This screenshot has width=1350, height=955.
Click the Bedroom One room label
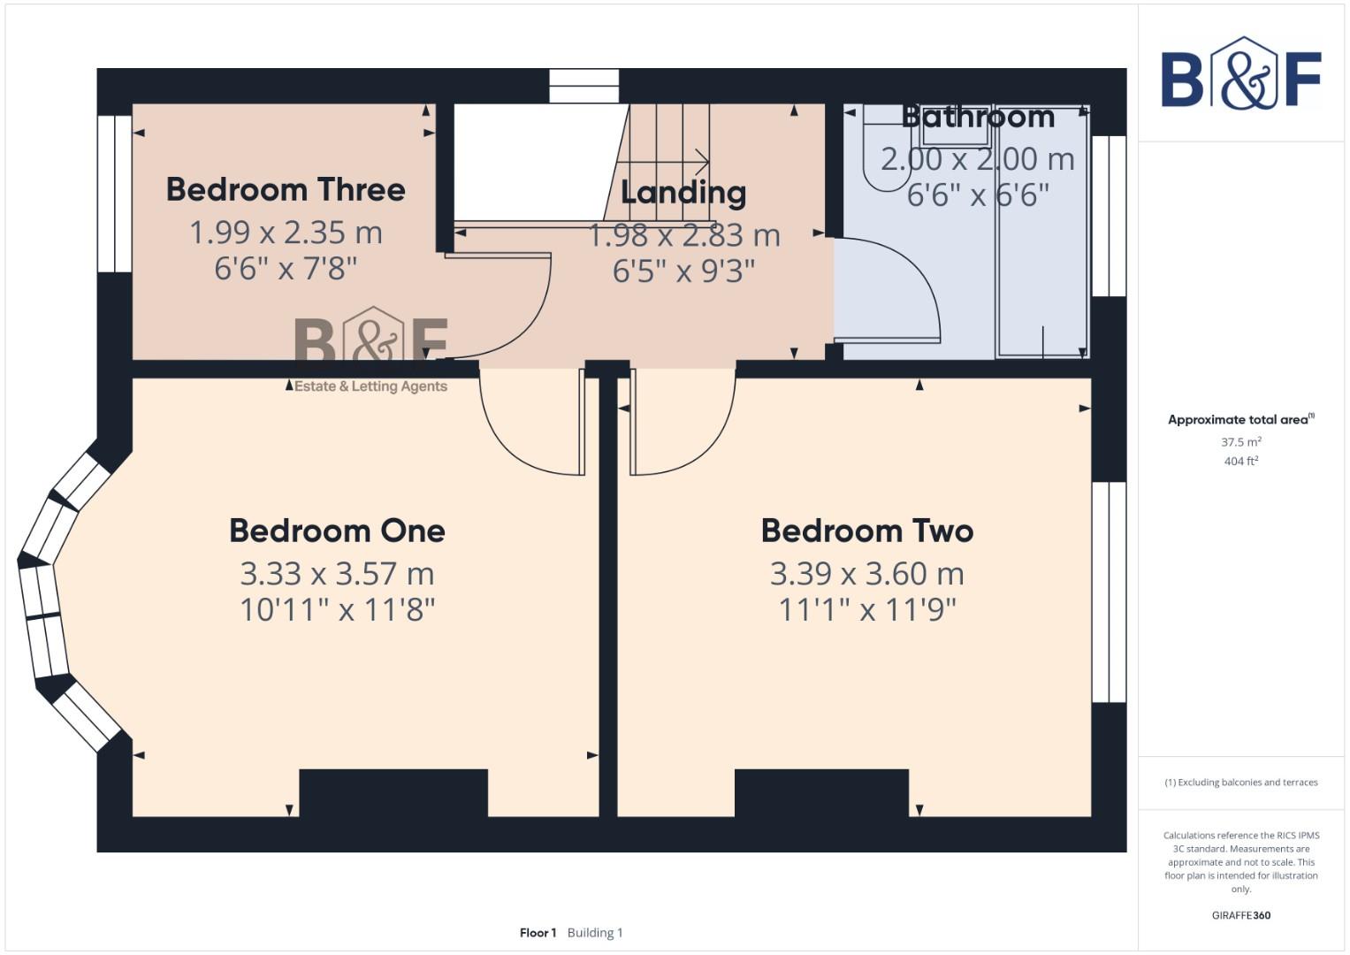point(337,531)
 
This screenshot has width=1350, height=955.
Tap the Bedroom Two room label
point(866,531)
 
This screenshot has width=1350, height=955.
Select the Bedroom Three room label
point(285,189)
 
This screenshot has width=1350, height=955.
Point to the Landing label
point(683,192)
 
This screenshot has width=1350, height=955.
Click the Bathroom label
point(977,117)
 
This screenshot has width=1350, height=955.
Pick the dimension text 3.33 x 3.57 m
point(337,574)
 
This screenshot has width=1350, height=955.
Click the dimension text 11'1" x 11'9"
point(866,609)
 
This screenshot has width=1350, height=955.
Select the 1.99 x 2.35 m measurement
point(285,233)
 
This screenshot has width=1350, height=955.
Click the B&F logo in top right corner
point(1240,75)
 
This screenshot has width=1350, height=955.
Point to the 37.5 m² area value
point(1240,442)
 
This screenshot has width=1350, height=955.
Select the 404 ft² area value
point(1240,462)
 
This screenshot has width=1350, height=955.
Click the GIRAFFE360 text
point(1240,915)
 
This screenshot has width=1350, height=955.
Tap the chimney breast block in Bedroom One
point(393,792)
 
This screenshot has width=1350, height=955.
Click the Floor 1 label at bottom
point(538,933)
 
